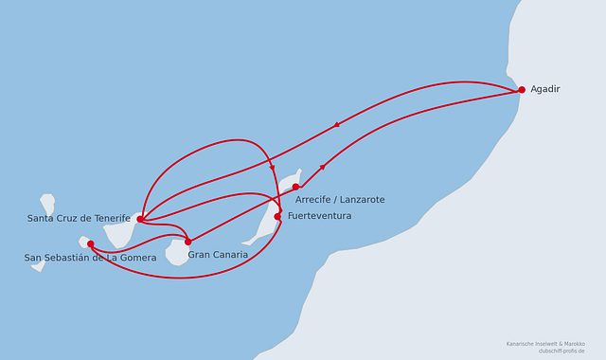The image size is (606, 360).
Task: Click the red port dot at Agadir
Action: click(x=522, y=90)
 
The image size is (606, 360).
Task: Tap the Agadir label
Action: click(x=545, y=89)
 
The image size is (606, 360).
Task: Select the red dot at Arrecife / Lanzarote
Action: click(x=295, y=188)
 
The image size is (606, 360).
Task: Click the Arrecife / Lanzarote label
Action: click(x=340, y=200)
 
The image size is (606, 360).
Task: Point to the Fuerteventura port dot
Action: click(x=277, y=217)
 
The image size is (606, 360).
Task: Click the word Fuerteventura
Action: click(x=320, y=216)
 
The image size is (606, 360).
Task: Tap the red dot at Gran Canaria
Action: click(x=187, y=243)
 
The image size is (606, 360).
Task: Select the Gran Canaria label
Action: click(x=218, y=255)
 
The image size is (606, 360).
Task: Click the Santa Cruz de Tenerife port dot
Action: click(x=140, y=219)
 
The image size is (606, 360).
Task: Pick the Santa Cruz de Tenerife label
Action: click(x=79, y=219)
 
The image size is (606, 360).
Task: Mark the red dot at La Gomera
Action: click(x=91, y=244)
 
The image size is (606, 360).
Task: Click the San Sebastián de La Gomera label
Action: click(x=91, y=258)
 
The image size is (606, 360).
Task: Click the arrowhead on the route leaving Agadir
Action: click(x=337, y=124)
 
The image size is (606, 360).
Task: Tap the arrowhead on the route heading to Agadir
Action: click(x=323, y=167)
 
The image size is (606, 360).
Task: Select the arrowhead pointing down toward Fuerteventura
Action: click(x=273, y=169)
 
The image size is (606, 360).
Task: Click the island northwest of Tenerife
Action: click(x=47, y=204)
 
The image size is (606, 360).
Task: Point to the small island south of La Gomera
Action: click(x=39, y=266)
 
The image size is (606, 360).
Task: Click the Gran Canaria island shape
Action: click(x=177, y=253)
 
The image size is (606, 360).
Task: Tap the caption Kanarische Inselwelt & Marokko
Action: click(x=545, y=344)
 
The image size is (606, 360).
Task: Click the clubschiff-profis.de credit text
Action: click(x=561, y=351)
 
